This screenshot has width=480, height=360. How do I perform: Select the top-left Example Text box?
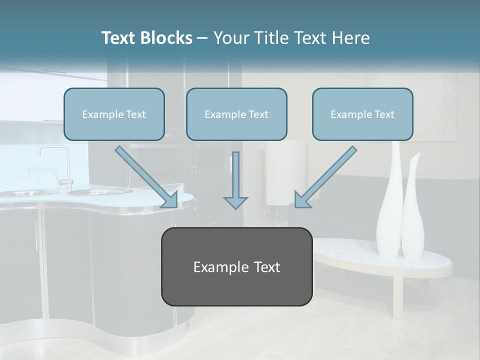pos(114,114)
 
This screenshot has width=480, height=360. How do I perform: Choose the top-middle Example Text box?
pos(236,114)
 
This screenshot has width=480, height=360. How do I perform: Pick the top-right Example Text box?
pos(362,114)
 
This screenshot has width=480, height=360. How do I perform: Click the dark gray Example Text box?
pos(236,267)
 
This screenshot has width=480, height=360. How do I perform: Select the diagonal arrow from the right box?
pos(325,177)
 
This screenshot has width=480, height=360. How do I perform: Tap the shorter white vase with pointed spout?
pos(413,215)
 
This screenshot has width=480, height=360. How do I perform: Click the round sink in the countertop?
pos(100,191)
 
